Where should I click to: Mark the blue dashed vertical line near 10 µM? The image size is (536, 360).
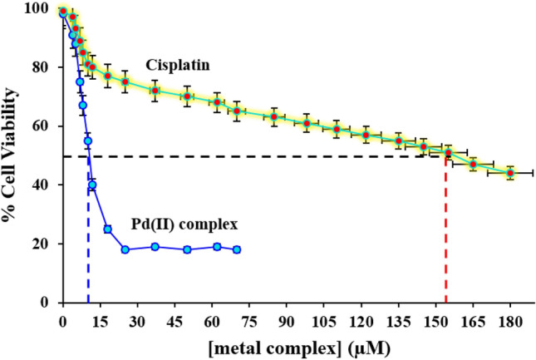pyautogui.click(x=88, y=249)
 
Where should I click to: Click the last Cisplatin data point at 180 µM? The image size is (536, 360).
pyautogui.click(x=510, y=173)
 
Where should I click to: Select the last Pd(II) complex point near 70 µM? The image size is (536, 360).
pyautogui.click(x=237, y=249)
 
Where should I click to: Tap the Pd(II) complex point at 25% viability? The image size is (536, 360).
pyautogui.click(x=107, y=229)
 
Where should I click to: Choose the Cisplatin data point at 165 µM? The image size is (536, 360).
pyautogui.click(x=473, y=165)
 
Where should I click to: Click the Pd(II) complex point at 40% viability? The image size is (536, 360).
pyautogui.click(x=92, y=185)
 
